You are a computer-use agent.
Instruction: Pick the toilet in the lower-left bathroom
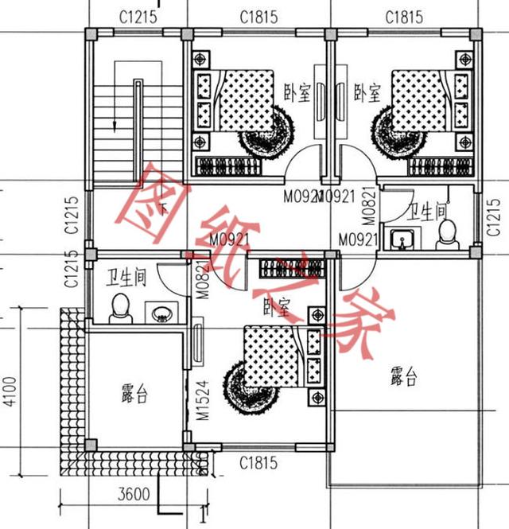point(121,309)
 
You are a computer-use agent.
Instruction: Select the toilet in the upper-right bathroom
point(447,233)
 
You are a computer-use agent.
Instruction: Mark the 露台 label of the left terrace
point(134,394)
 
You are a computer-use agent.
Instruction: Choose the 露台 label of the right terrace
point(403,377)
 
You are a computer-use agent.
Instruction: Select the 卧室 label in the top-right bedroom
point(367,95)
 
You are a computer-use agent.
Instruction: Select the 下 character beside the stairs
point(163,210)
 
